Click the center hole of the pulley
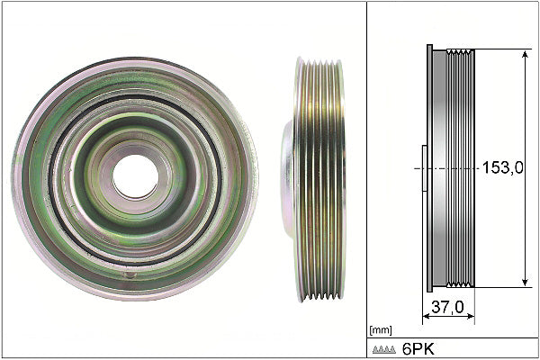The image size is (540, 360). pos(136,176)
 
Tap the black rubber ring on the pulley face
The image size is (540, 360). pos(50,179)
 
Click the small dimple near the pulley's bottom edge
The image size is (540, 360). pos(130,274)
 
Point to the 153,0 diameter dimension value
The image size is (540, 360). pos(502,167)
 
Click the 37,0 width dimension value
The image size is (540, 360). pos(447,307)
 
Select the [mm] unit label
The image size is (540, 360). pos(381,330)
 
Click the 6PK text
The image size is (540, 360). pos(418,349)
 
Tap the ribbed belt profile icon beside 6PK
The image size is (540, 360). pos(384,350)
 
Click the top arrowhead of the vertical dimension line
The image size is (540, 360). pos(525,54)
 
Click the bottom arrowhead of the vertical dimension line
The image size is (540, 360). pos(525,282)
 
